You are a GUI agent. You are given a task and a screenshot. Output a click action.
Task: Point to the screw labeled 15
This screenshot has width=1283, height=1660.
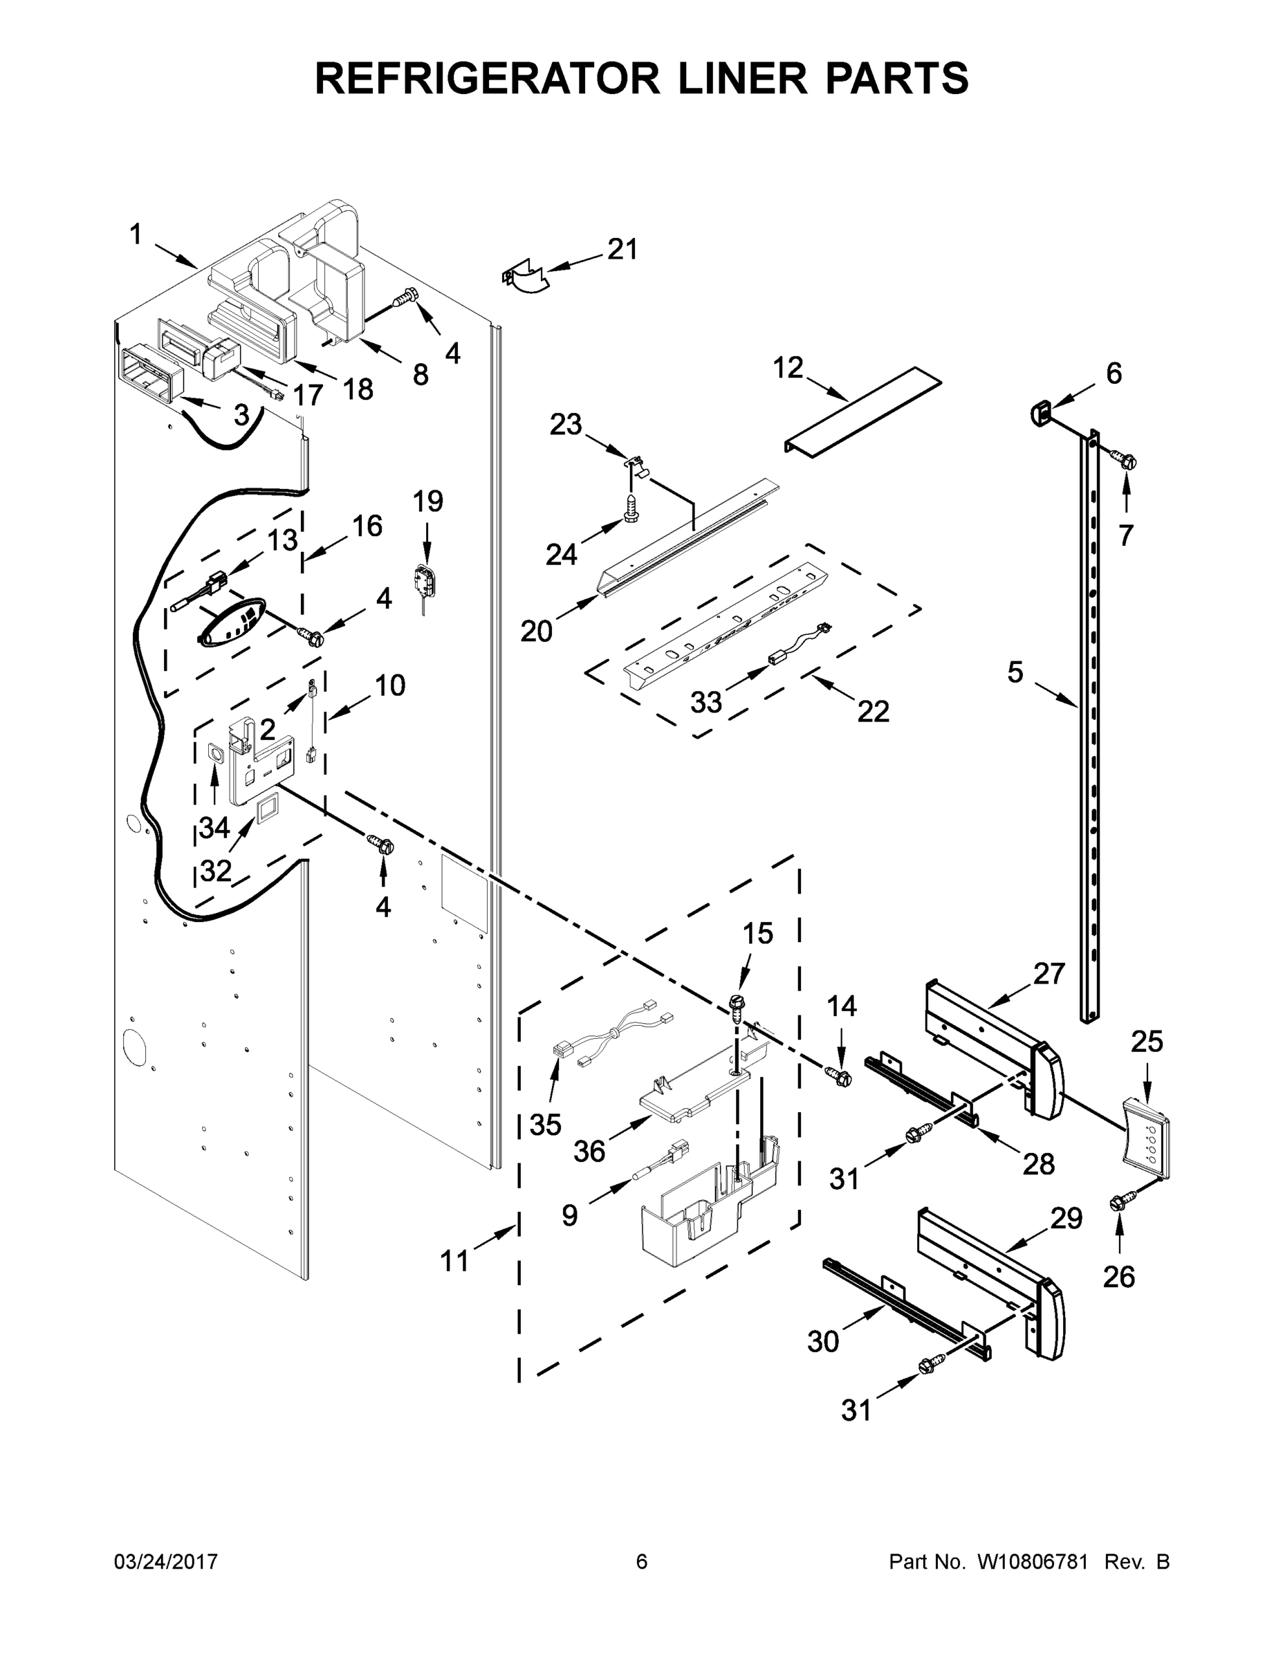736,1004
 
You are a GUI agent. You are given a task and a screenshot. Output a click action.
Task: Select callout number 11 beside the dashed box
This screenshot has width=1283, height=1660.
454,1262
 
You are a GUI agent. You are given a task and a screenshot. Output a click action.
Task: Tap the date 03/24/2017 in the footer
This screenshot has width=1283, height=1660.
166,1562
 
